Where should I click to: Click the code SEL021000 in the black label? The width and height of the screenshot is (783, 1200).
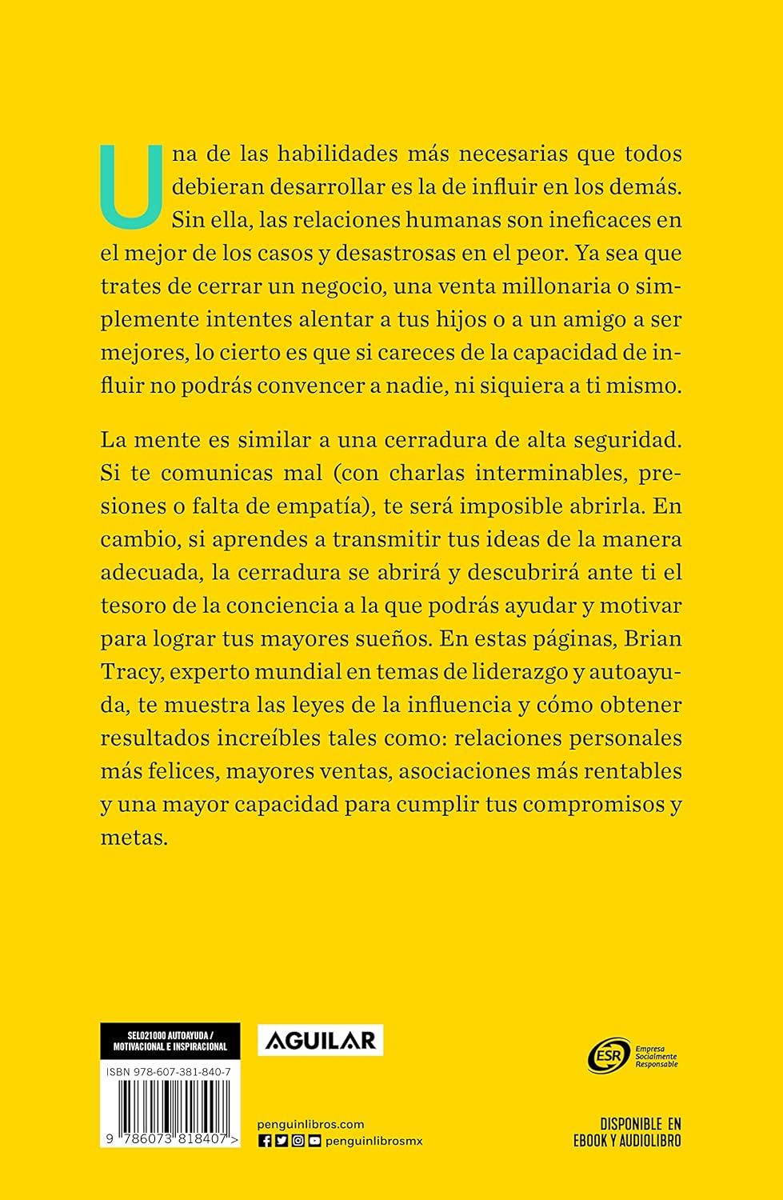coord(128,1032)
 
